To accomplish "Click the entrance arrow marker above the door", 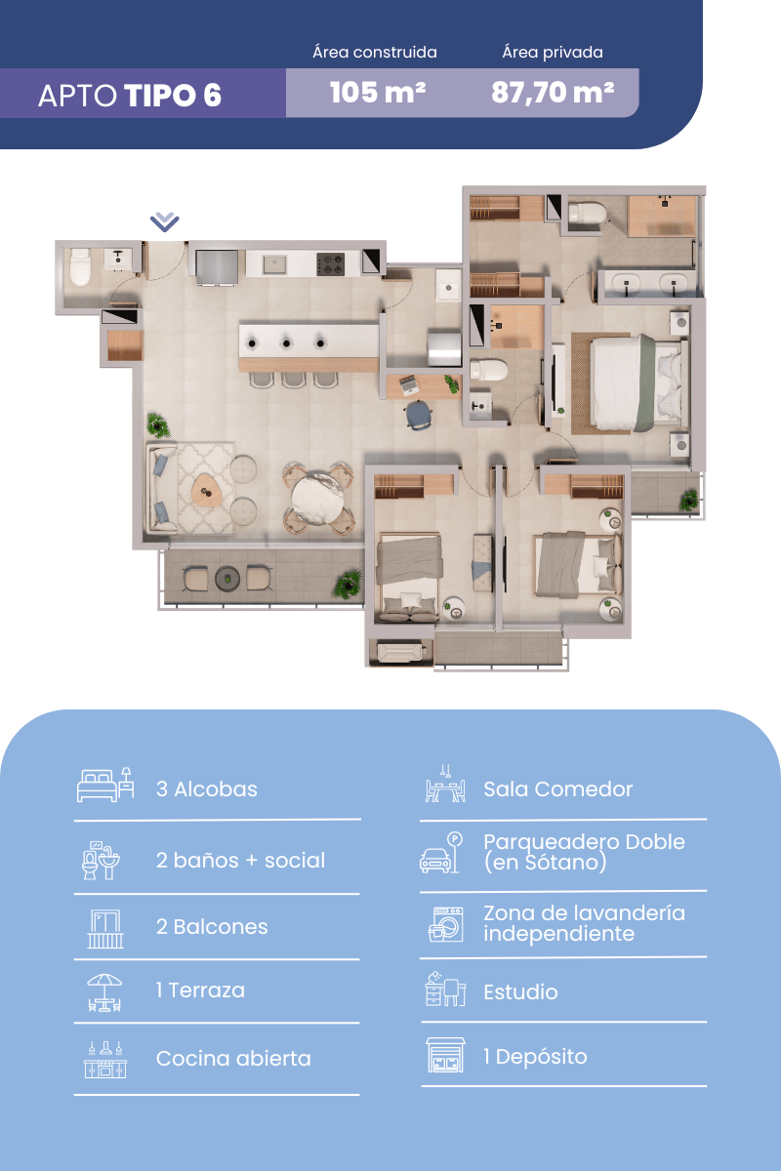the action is (x=165, y=222).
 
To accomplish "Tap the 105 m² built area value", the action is (x=378, y=93).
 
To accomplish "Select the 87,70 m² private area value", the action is (x=553, y=93).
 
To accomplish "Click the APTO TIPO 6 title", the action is (x=130, y=96).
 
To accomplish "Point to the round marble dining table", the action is (x=317, y=499).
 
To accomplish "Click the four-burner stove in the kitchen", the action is (x=331, y=264).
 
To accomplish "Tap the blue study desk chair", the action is (x=419, y=415).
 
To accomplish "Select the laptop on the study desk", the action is (x=408, y=385).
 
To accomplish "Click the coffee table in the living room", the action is (x=207, y=490).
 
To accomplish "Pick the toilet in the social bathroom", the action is (x=80, y=266).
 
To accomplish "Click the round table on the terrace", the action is (x=227, y=579).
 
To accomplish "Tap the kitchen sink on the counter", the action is (x=274, y=264).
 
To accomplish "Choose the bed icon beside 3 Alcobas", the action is (x=105, y=785).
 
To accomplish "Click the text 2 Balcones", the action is (x=212, y=927).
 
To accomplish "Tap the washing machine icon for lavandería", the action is (x=445, y=924).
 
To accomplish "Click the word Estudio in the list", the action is (x=520, y=992).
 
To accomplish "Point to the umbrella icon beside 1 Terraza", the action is (x=104, y=992).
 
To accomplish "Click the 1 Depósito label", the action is (x=535, y=1057).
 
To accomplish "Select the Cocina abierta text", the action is (x=233, y=1059).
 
